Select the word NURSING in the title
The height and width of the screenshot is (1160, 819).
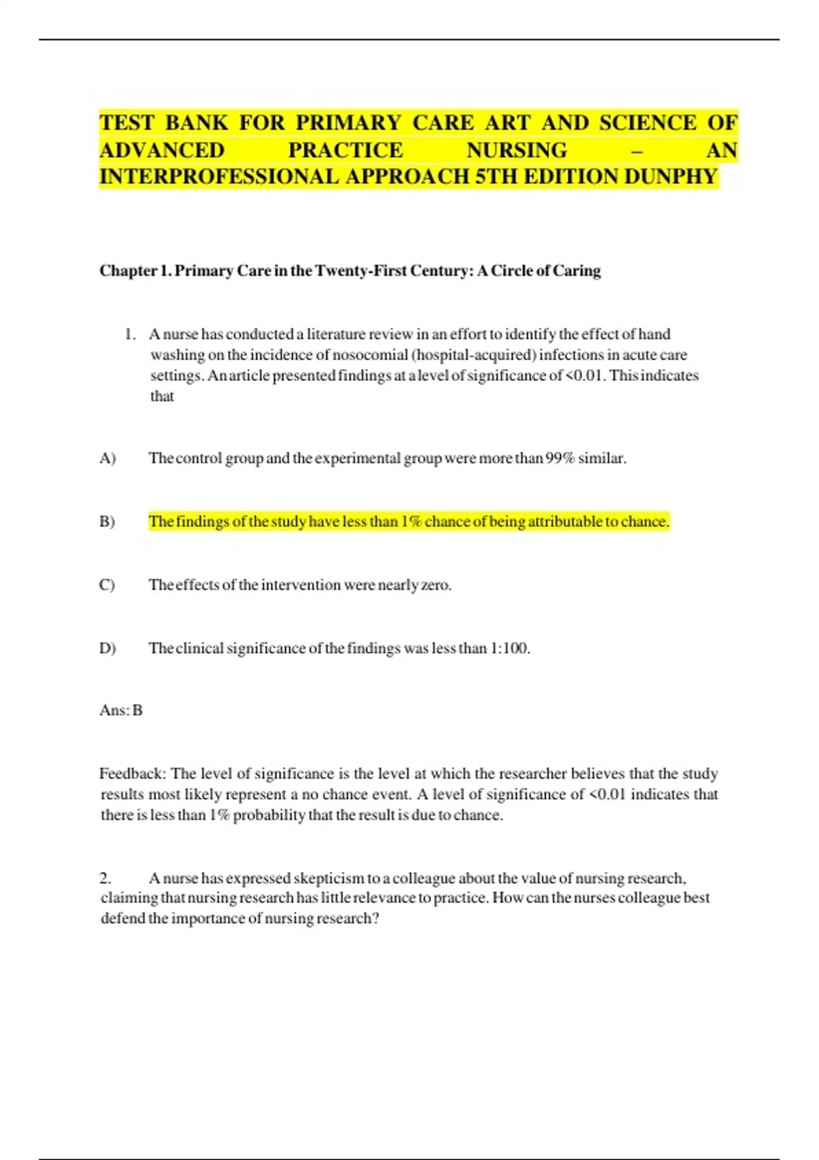coord(517,150)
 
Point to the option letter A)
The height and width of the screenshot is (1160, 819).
coord(107,458)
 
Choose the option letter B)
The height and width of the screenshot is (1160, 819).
coord(107,521)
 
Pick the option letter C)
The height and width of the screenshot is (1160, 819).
coord(107,585)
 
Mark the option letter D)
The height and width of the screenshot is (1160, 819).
coord(107,648)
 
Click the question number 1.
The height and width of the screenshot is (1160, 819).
coord(130,334)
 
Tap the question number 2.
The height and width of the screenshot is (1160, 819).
coord(106,878)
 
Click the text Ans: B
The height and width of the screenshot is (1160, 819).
coord(121,710)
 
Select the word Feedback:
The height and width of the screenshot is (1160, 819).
coord(132,774)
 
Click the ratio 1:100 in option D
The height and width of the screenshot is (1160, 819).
coord(509,648)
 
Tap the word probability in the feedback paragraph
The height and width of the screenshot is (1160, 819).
coord(269,815)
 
